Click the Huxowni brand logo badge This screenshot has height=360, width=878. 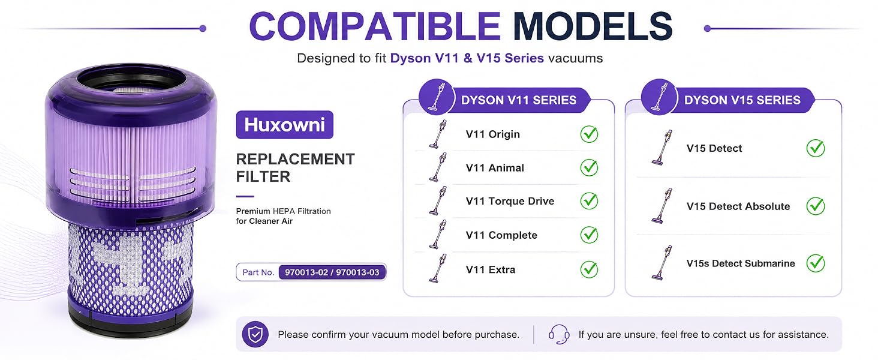click(x=284, y=125)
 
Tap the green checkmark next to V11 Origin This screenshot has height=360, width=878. click(x=589, y=134)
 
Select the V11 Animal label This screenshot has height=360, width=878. click(x=495, y=168)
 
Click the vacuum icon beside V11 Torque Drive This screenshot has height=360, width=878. click(x=438, y=201)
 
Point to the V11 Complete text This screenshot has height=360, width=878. click(x=501, y=235)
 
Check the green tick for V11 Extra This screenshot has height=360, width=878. click(x=589, y=269)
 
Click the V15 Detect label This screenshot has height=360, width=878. click(x=714, y=148)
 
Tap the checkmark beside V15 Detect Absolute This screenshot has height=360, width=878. click(x=816, y=206)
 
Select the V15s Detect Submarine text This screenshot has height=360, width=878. click(x=741, y=263)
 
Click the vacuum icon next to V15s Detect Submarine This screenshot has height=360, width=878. click(x=662, y=262)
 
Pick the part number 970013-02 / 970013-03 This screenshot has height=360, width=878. click(x=332, y=272)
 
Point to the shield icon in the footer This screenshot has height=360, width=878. click(x=255, y=335)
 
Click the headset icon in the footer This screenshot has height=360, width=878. click(x=559, y=334)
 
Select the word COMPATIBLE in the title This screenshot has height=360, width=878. click(x=375, y=26)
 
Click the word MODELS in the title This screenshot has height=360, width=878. click(x=593, y=26)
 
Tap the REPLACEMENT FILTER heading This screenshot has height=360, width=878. click(x=295, y=168)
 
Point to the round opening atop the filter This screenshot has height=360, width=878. click(x=131, y=83)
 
